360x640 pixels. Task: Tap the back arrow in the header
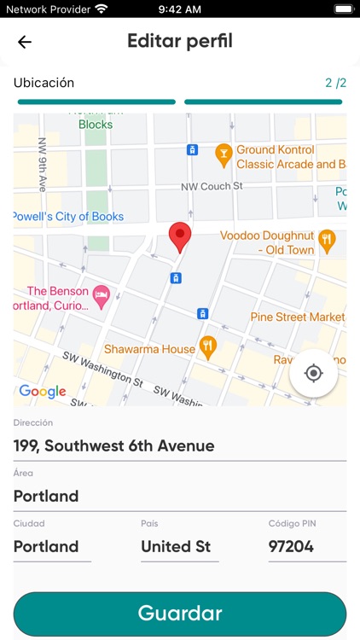pos(25,42)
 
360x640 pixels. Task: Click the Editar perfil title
pos(180,41)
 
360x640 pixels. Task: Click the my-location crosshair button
pos(313,373)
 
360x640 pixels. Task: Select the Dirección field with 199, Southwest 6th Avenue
pos(180,445)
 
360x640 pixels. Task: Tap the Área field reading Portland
pos(180,496)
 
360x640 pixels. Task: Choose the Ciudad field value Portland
pos(52,546)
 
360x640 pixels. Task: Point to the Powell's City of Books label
pos(68,217)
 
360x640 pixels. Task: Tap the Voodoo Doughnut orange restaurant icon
pos(327,242)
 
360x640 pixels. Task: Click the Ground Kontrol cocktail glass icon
pos(224,155)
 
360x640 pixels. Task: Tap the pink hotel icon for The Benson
pos(101,297)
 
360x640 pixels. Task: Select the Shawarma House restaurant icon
pos(207,347)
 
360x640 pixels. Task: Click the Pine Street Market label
pos(298,317)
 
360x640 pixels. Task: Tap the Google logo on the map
pos(43,392)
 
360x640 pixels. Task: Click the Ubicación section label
pos(44,83)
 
